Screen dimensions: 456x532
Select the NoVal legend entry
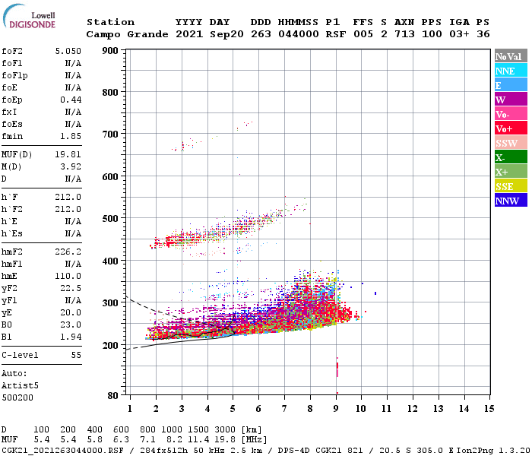click(510, 56)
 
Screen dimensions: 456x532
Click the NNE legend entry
click(510, 71)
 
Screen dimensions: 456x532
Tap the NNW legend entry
click(510, 201)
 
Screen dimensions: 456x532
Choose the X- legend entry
click(510, 157)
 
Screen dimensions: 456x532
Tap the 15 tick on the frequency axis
click(489, 408)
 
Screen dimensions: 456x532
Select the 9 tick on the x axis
click(335, 408)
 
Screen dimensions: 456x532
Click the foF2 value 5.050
click(68, 50)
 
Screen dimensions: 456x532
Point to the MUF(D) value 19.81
click(68, 154)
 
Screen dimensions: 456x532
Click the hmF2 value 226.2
click(68, 251)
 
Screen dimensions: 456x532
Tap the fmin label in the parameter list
click(12, 135)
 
